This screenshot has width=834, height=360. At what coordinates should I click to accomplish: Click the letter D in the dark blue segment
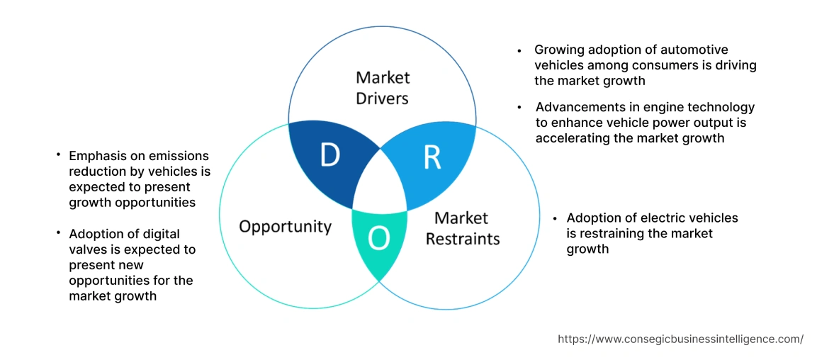tap(329, 155)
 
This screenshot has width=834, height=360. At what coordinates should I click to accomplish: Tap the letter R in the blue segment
tap(432, 158)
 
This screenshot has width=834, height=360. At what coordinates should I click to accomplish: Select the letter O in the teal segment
tap(379, 240)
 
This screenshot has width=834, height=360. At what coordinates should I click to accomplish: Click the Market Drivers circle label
tap(382, 87)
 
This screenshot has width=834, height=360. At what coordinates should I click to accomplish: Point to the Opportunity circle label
tap(285, 226)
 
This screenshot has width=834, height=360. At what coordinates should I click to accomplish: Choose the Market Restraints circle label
tap(462, 227)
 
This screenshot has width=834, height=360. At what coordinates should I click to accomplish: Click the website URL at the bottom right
tap(680, 339)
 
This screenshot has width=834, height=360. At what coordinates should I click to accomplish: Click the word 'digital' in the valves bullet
tap(155, 234)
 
